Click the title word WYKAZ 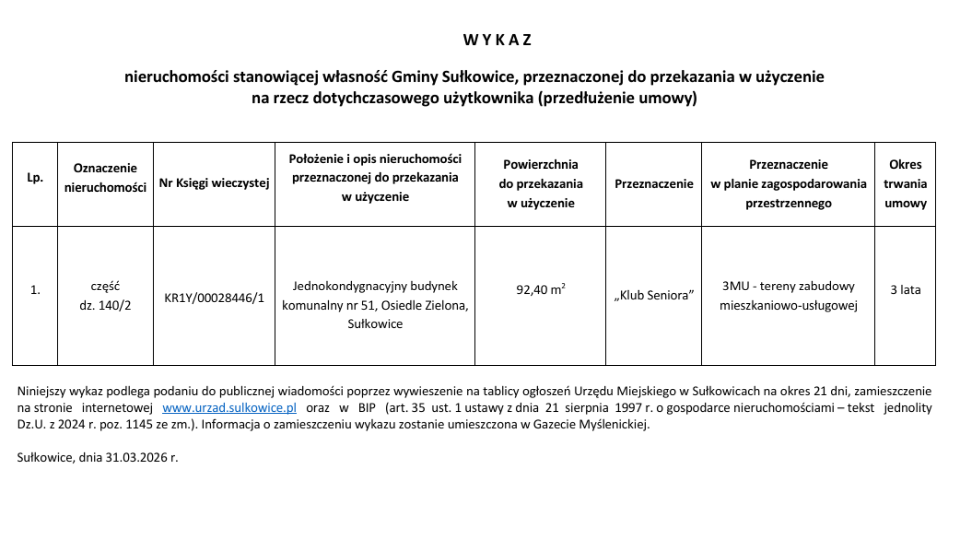[497, 40]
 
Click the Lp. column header [35, 178]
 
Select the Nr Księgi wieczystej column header [214, 183]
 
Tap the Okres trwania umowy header [905, 184]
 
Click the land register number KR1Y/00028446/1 [214, 298]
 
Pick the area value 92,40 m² [540, 289]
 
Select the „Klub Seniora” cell [653, 295]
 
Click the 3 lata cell [905, 290]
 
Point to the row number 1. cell [35, 290]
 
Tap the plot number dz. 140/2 [105, 305]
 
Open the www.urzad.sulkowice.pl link [229, 408]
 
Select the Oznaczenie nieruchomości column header [105, 178]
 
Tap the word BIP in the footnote [366, 408]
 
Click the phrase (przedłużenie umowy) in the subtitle [617, 98]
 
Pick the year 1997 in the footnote [628, 408]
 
